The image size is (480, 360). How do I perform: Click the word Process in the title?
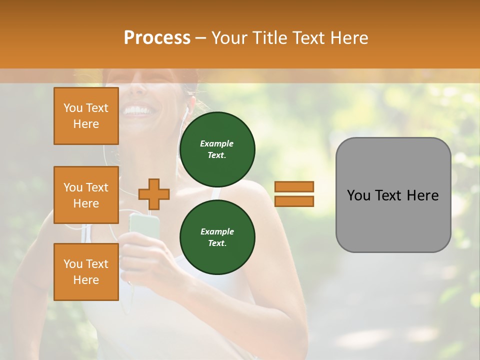click(x=157, y=38)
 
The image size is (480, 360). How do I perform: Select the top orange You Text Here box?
click(x=86, y=116)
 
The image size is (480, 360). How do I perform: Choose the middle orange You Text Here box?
click(x=86, y=195)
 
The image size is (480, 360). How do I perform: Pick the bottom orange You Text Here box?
click(x=86, y=272)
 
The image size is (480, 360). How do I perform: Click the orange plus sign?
click(x=154, y=194)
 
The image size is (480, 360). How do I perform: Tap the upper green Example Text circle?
click(x=217, y=149)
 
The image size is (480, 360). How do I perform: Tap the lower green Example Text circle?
click(x=217, y=237)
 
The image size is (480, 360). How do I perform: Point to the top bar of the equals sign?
click(x=294, y=186)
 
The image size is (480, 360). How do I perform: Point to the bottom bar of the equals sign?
click(x=294, y=201)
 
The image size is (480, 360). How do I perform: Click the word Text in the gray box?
click(x=391, y=195)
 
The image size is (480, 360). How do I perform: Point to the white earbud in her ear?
click(x=188, y=108)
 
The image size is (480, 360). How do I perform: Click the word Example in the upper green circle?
click(x=217, y=143)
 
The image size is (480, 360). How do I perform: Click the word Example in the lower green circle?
click(x=217, y=231)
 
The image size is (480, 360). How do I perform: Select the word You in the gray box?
click(x=358, y=195)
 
